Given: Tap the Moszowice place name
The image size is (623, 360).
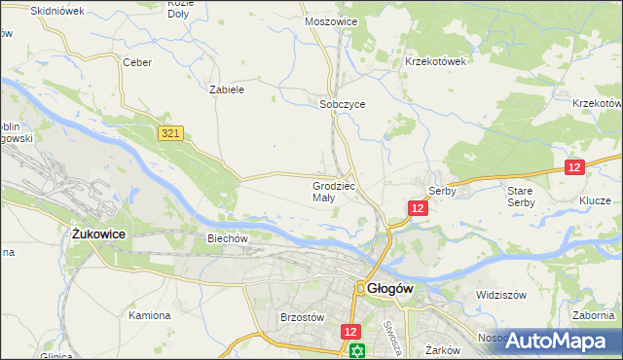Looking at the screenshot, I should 331,20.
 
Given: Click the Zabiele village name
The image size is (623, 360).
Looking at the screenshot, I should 227,89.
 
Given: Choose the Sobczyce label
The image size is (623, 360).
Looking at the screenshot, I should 342,105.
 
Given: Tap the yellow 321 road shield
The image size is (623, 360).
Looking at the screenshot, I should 171,132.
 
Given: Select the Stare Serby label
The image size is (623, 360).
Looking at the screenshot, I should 520,197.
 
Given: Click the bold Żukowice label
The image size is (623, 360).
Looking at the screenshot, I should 102,234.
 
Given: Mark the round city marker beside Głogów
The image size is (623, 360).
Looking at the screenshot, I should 360,288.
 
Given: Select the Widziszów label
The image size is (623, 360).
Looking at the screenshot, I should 500,294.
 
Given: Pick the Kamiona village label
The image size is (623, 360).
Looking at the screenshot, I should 150,315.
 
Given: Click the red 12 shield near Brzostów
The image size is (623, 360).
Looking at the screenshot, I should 351,332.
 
